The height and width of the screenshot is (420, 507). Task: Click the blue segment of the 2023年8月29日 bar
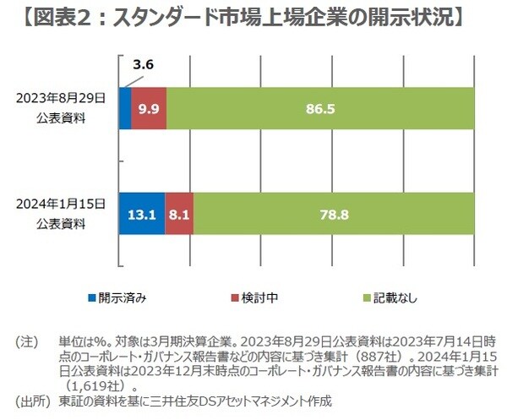[x=125, y=107]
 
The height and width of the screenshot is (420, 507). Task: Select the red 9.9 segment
[x=149, y=107]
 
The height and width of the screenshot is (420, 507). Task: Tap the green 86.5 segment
[x=320, y=107]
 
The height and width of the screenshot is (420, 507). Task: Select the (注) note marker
[x=27, y=342]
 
